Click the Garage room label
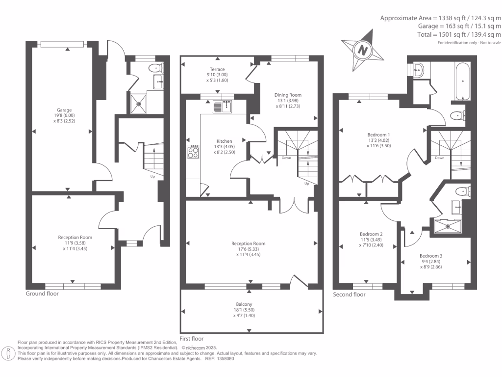[64, 110]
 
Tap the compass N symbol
[362, 50]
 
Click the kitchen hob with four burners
[193, 152]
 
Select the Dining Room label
[288, 95]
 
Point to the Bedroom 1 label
[378, 134]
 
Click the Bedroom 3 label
[430, 256]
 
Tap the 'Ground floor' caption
[42, 294]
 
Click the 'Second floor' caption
[349, 295]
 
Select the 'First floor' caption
[192, 338]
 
